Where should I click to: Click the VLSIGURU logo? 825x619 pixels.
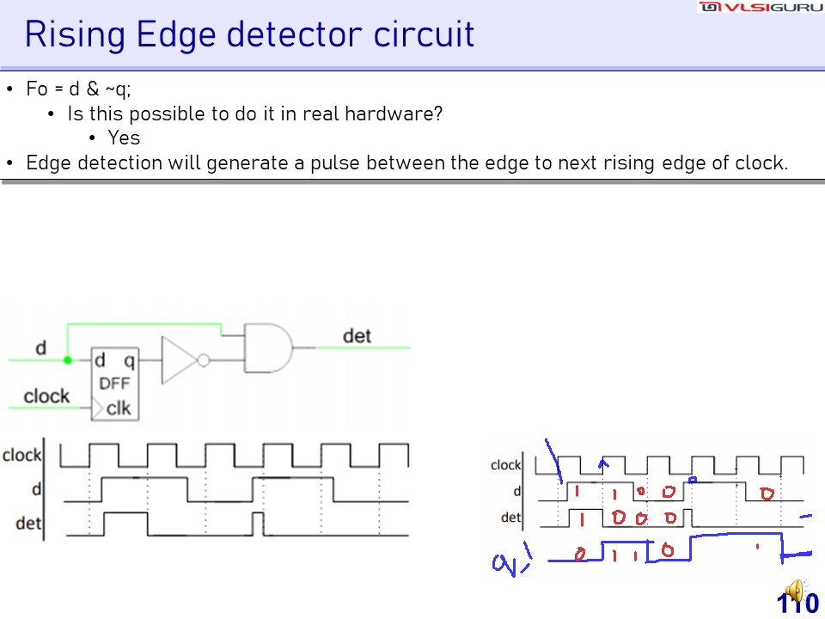point(761,8)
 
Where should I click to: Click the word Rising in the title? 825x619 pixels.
point(74,34)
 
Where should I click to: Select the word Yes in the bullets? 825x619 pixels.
point(124,138)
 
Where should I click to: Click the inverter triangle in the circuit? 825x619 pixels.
point(179,360)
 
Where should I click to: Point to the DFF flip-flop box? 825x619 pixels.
point(115,384)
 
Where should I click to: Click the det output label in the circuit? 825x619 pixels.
point(357,335)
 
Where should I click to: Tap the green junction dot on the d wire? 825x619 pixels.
point(67,360)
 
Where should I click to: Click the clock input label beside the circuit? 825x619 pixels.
point(46,395)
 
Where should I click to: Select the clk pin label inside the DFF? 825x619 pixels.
point(119,408)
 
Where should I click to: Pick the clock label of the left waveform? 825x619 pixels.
point(22,455)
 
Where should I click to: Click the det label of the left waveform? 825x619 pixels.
point(28,523)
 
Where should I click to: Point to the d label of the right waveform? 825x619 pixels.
point(516,491)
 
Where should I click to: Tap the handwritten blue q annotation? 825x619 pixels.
point(507,564)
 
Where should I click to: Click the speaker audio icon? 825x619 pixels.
point(795,591)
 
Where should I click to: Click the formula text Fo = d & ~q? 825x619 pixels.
point(78,89)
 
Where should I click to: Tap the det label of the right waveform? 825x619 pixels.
point(510,518)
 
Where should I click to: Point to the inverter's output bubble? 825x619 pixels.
point(203,360)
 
